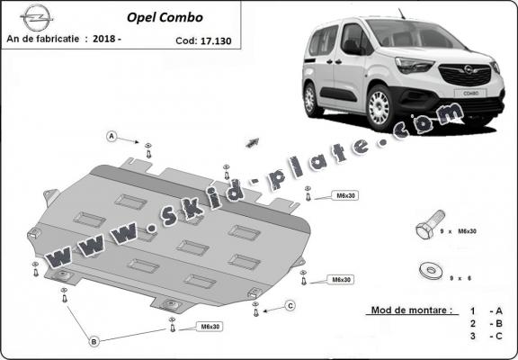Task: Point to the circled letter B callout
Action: click(94, 340)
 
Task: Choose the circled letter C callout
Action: click(290, 307)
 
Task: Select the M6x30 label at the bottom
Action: click(209, 326)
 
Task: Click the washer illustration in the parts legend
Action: click(429, 269)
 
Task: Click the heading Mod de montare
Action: click(409, 310)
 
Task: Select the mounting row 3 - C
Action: click(483, 336)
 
